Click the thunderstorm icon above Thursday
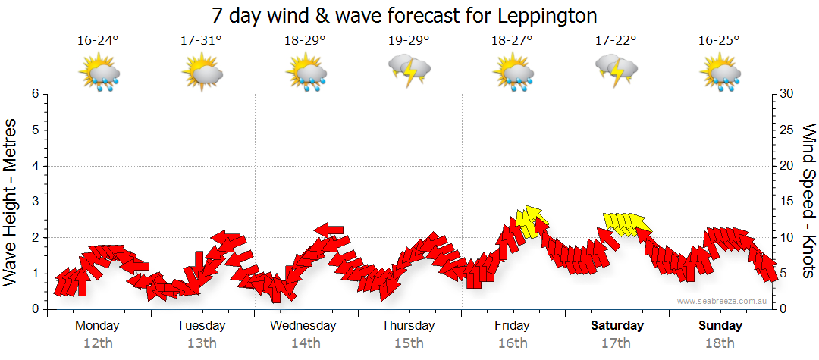(409, 70)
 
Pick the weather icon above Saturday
(616, 70)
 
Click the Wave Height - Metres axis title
(11, 202)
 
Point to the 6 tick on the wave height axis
(35, 94)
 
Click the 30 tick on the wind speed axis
(787, 94)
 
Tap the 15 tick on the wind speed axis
(787, 202)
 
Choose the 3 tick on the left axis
(35, 202)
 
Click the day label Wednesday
(303, 326)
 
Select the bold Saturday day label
(617, 326)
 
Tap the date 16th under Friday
(513, 343)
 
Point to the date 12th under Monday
(98, 343)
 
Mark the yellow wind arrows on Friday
(531, 221)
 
